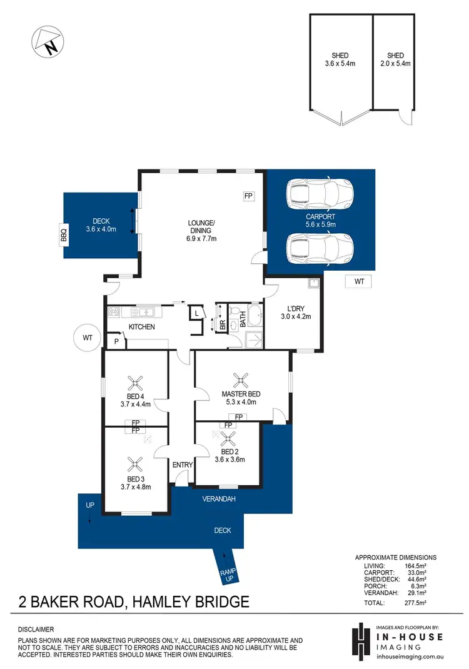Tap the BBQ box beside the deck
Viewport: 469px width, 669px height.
[x=63, y=236]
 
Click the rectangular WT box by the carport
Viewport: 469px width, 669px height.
[x=359, y=282]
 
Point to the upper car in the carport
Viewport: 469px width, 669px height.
[x=318, y=194]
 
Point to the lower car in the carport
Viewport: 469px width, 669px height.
[x=318, y=248]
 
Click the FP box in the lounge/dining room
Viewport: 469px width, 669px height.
[x=248, y=197]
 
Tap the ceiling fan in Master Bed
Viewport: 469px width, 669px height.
[x=241, y=379]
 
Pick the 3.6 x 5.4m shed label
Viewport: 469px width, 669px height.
[x=340, y=59]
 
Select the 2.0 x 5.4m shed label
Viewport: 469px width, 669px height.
[x=395, y=59]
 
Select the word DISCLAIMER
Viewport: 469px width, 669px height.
[x=36, y=629]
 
